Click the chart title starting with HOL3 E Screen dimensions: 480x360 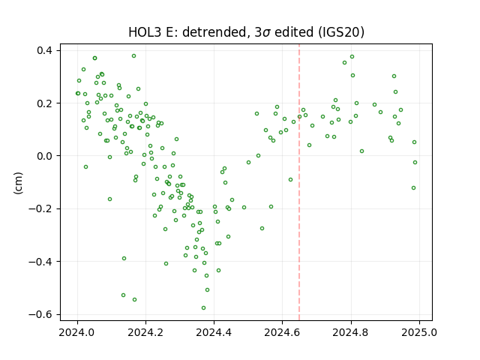click(x=246, y=32)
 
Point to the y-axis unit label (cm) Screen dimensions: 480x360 click(x=18, y=183)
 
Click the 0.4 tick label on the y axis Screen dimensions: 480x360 click(x=44, y=50)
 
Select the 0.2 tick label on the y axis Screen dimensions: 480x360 click(x=44, y=103)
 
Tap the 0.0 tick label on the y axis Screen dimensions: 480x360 click(x=44, y=156)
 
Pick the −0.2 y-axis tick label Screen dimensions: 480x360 click(x=40, y=208)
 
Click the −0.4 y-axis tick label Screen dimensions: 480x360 click(x=40, y=262)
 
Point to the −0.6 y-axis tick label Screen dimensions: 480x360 click(x=40, y=314)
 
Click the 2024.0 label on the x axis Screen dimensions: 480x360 click(x=77, y=332)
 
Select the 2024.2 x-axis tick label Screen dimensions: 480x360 click(x=145, y=332)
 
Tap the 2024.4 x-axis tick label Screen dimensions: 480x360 click(x=214, y=332)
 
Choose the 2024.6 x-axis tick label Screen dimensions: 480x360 click(x=282, y=332)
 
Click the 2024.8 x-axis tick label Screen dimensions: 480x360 click(x=351, y=332)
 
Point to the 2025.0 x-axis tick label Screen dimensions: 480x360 click(x=419, y=332)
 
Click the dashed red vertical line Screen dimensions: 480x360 click(x=299, y=182)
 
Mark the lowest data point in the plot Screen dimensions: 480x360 click(x=203, y=308)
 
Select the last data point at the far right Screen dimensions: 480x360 click(x=415, y=162)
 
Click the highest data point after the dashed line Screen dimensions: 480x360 click(x=352, y=57)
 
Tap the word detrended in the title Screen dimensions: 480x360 click(x=215, y=32)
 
